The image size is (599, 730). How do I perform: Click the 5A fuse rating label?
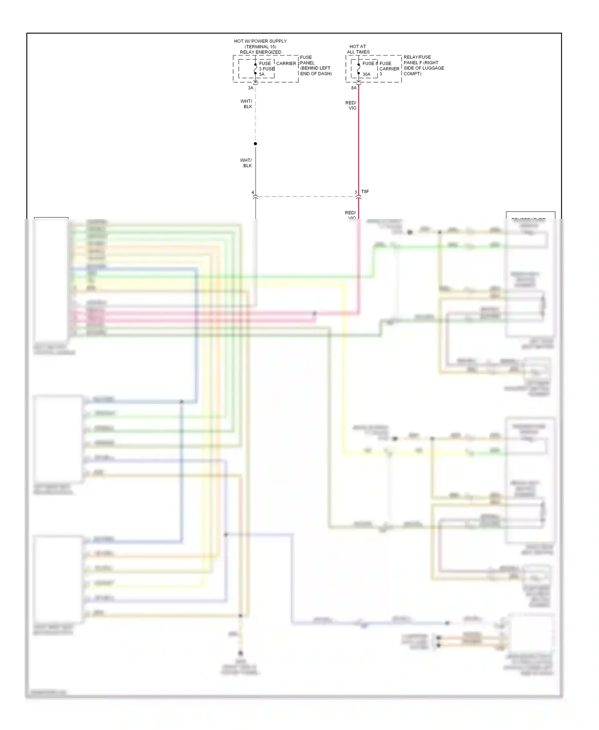point(262,74)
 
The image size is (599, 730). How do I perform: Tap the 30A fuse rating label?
point(366,74)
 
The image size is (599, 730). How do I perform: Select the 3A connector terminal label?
point(250,88)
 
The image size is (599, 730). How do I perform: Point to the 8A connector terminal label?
point(354,88)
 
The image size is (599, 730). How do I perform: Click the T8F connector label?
point(365,192)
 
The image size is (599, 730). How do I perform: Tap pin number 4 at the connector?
point(253,192)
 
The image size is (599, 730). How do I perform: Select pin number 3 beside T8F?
point(356,192)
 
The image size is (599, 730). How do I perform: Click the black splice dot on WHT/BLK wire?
point(256,144)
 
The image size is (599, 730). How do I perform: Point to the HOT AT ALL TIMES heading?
point(358,49)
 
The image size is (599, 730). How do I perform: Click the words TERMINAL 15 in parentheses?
point(260,47)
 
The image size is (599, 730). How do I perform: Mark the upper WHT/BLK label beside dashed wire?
point(246,104)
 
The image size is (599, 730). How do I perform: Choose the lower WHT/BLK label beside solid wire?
point(246,163)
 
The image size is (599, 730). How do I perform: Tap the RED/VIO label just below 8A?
point(351,105)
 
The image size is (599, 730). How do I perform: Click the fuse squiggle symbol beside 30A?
point(359,69)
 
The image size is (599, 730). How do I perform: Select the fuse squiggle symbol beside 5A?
point(256,69)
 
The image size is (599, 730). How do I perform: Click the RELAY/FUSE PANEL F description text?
point(423,65)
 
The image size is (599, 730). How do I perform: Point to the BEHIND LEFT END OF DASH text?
point(315,71)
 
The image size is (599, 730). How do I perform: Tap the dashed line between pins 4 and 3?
point(305,196)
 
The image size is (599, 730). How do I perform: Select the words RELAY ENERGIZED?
point(260,52)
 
